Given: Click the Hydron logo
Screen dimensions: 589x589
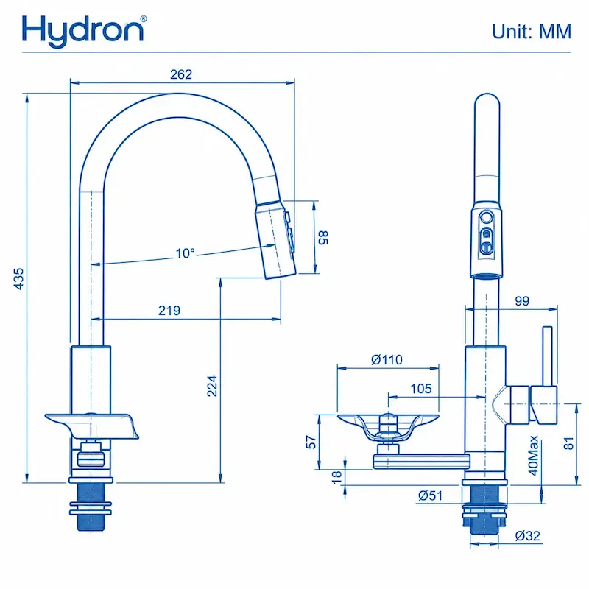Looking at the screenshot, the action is (84, 31).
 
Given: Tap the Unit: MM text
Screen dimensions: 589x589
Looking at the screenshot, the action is (532, 32).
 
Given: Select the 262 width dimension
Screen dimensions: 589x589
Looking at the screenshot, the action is (181, 74).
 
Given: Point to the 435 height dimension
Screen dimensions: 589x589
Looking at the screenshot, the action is (18, 278).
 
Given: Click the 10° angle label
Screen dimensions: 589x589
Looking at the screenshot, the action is (186, 253).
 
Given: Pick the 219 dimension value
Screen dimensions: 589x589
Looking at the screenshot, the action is (169, 310).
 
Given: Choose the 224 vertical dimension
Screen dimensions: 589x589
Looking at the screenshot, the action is (212, 386).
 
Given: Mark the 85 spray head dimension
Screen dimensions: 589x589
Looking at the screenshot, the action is (323, 237).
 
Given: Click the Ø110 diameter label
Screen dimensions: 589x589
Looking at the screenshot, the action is (387, 359).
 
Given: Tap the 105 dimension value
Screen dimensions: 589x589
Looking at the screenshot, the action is (420, 389).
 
